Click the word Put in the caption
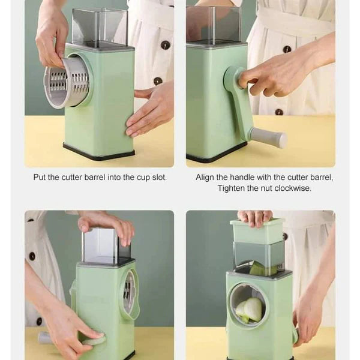coord(40,178)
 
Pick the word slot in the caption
coord(158,178)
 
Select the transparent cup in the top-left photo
coord(99,27)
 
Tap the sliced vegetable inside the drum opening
coord(250,309)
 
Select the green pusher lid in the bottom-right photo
coord(257,230)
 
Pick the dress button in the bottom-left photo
coord(32,256)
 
